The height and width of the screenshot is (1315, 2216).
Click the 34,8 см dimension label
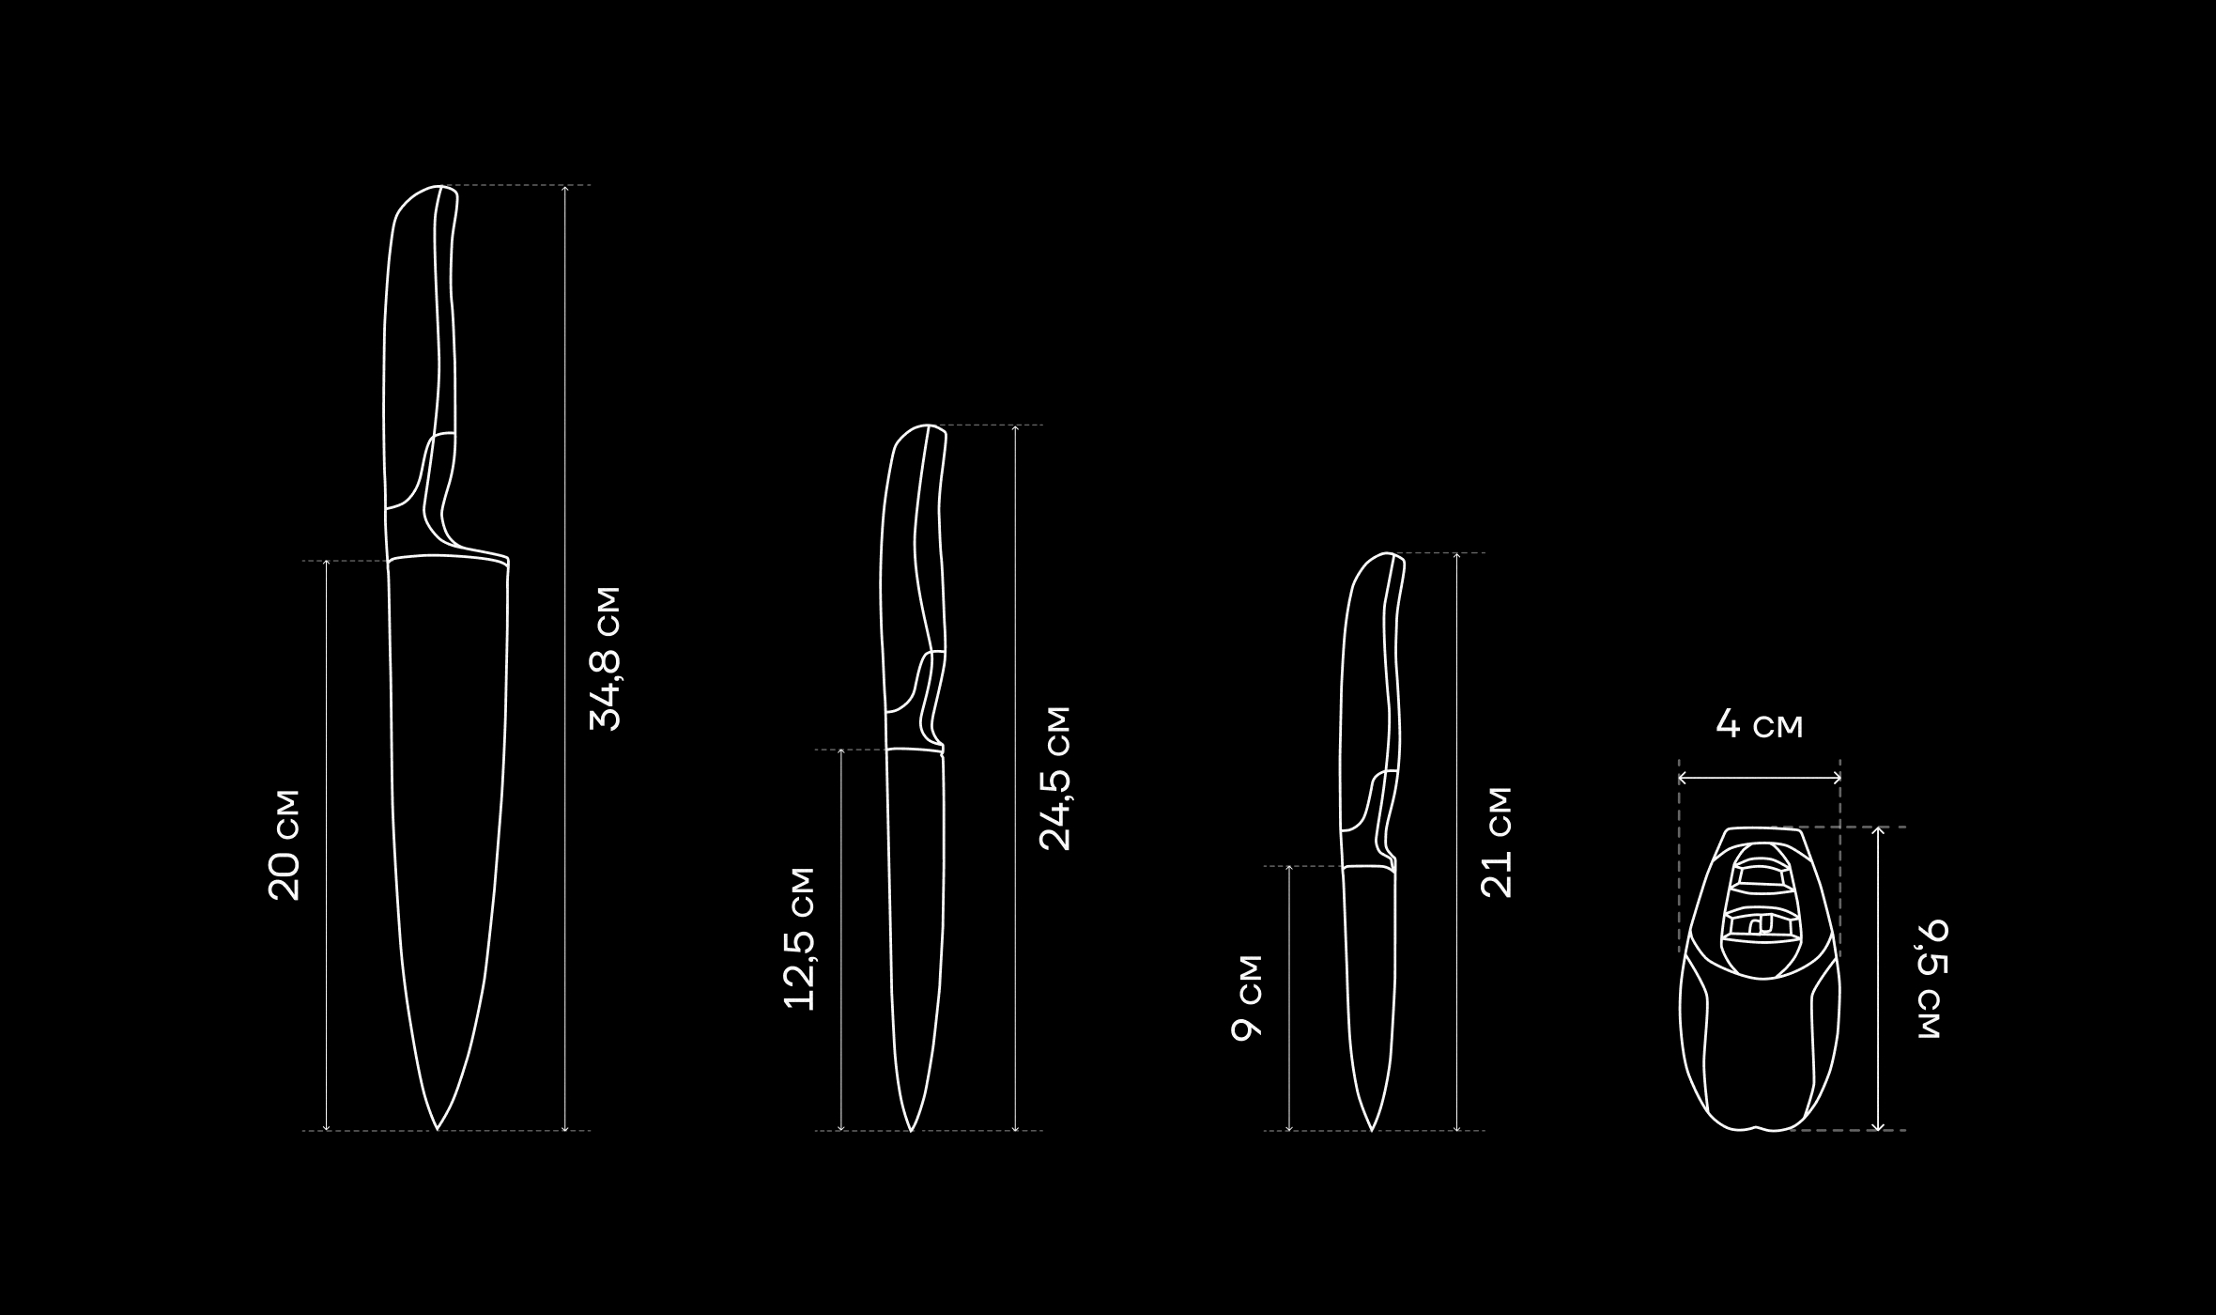[605, 658]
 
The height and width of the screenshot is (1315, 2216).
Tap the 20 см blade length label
[284, 845]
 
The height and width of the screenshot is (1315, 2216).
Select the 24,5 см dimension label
[1054, 778]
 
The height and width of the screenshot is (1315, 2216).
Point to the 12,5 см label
[799, 938]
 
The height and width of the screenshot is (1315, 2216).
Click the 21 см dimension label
[1496, 842]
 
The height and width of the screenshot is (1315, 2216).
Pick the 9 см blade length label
[1247, 998]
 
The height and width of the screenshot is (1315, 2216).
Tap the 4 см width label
[1760, 724]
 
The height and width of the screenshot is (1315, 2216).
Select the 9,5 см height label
[1932, 980]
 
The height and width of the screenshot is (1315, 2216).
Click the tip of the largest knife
[437, 1129]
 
